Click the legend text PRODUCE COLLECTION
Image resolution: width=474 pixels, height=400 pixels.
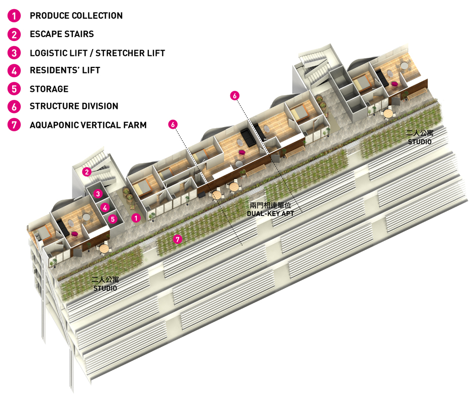(x=76, y=16)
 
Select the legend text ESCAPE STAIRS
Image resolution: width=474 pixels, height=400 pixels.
(x=62, y=34)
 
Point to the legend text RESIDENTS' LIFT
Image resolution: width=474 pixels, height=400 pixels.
(x=65, y=70)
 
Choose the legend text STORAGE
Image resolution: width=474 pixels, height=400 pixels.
(x=49, y=89)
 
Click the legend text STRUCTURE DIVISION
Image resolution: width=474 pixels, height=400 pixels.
(x=74, y=106)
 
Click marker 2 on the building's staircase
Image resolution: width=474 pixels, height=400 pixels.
(x=87, y=172)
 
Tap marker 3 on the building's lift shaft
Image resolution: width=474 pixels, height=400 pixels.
(x=99, y=194)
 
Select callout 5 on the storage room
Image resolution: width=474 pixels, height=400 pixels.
(x=113, y=219)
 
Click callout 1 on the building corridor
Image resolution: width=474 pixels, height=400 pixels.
(x=135, y=218)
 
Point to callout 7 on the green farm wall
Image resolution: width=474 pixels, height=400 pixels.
(x=177, y=240)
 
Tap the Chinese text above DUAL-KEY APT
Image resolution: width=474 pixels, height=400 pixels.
(x=270, y=206)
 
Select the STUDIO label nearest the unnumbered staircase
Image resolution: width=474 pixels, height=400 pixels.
(x=419, y=142)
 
